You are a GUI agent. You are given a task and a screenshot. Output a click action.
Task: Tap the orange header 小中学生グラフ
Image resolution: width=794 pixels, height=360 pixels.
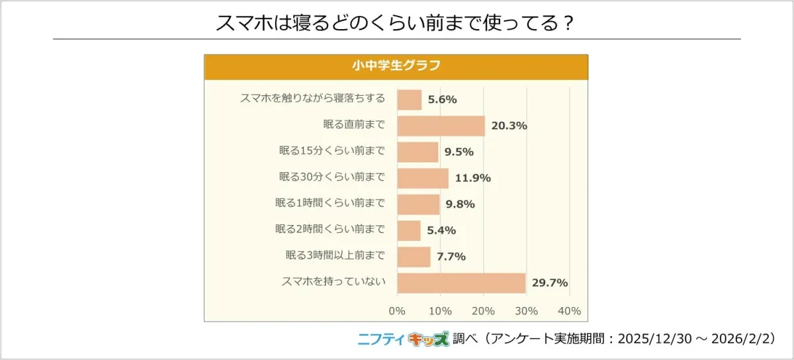pos(396,66)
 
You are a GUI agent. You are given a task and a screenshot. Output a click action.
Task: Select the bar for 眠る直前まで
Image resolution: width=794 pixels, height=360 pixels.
pos(441,126)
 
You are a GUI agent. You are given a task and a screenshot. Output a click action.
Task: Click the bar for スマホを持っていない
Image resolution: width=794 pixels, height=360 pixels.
pos(461,283)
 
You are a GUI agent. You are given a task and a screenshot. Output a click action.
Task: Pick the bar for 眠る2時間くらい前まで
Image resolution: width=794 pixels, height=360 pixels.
pos(409,230)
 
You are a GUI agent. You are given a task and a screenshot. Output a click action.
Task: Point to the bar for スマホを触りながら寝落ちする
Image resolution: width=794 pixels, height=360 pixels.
pos(409,100)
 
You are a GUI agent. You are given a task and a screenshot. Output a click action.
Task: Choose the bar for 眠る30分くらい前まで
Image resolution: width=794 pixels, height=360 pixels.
pos(423,178)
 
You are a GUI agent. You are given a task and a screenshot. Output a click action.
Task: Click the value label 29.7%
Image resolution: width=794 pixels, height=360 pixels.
pos(550,283)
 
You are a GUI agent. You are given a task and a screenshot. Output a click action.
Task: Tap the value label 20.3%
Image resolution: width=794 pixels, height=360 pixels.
pos(509,126)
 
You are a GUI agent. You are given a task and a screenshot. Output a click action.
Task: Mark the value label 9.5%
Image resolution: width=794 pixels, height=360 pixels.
pos(459,152)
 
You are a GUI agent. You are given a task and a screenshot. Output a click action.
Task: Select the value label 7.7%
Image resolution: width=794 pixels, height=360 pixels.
pos(451,257)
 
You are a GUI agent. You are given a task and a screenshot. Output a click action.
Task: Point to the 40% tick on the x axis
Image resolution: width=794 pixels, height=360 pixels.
pos(570,311)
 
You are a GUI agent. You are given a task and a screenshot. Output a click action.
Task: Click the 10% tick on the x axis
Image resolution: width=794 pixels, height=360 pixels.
pos(440,311)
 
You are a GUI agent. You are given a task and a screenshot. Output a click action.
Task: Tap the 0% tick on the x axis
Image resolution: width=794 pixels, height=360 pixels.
pos(397,311)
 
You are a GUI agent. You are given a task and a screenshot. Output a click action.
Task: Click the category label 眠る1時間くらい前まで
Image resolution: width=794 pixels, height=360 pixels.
pos(330,204)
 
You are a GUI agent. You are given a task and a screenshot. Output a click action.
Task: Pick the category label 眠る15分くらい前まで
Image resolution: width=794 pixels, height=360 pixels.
pos(332,152)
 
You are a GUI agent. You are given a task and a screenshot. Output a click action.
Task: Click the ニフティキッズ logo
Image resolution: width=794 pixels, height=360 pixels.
pos(403,339)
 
